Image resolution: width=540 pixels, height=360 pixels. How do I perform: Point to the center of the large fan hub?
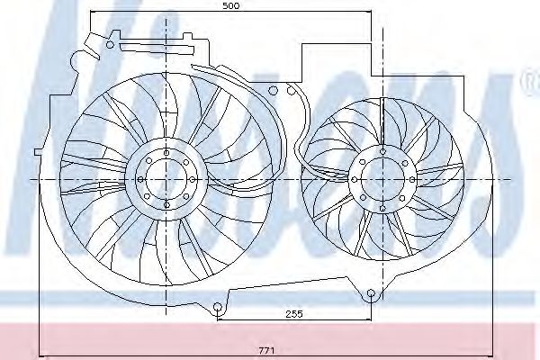(x=165, y=179)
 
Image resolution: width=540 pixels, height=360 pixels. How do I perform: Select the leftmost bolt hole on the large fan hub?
(x=145, y=179)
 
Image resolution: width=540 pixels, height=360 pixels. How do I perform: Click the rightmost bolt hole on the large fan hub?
(x=185, y=179)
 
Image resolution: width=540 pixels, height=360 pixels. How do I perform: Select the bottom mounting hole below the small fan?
(x=371, y=294)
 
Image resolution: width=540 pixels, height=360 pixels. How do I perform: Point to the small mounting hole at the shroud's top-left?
(x=111, y=42)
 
